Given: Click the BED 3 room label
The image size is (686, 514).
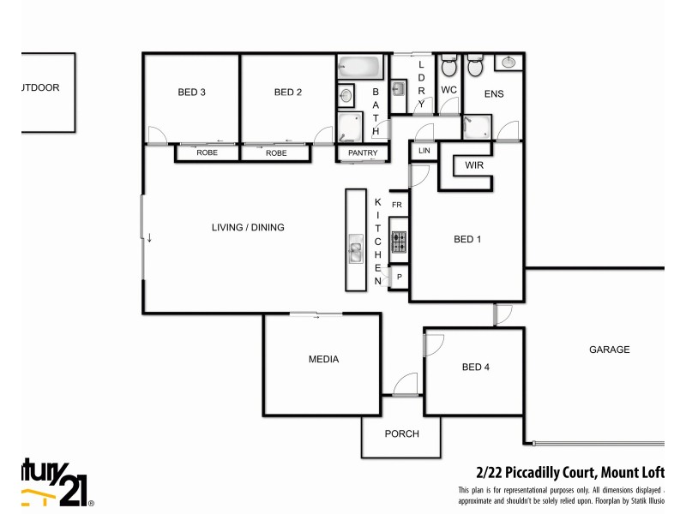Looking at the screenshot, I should [x=192, y=93].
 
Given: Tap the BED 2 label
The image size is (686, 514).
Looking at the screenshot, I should [x=289, y=93].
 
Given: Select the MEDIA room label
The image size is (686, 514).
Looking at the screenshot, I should [x=323, y=360].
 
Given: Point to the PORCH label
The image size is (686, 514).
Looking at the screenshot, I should [x=401, y=434].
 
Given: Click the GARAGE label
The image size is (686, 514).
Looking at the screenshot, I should [x=610, y=350].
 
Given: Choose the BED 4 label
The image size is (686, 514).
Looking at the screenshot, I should [x=476, y=368].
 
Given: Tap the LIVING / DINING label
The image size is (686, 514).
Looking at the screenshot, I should [x=248, y=228].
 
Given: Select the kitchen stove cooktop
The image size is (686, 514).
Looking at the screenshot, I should [x=399, y=242].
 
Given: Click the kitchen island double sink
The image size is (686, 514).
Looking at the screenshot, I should [x=355, y=251].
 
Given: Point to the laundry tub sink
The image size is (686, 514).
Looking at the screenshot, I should [x=399, y=88].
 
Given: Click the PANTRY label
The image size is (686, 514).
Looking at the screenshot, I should [x=362, y=153].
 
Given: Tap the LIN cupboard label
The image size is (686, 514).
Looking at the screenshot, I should [x=424, y=151].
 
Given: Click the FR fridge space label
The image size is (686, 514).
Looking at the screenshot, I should [x=397, y=206].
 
